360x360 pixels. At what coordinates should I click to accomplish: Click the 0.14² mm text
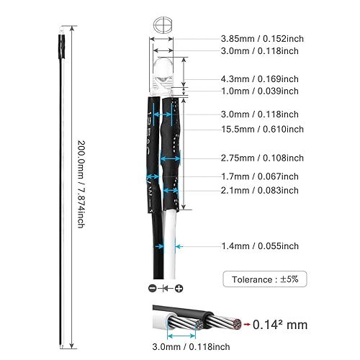coord(280,325)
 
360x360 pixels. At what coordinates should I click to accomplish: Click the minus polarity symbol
coord(153,288)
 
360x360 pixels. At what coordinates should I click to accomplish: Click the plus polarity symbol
coord(179,288)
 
